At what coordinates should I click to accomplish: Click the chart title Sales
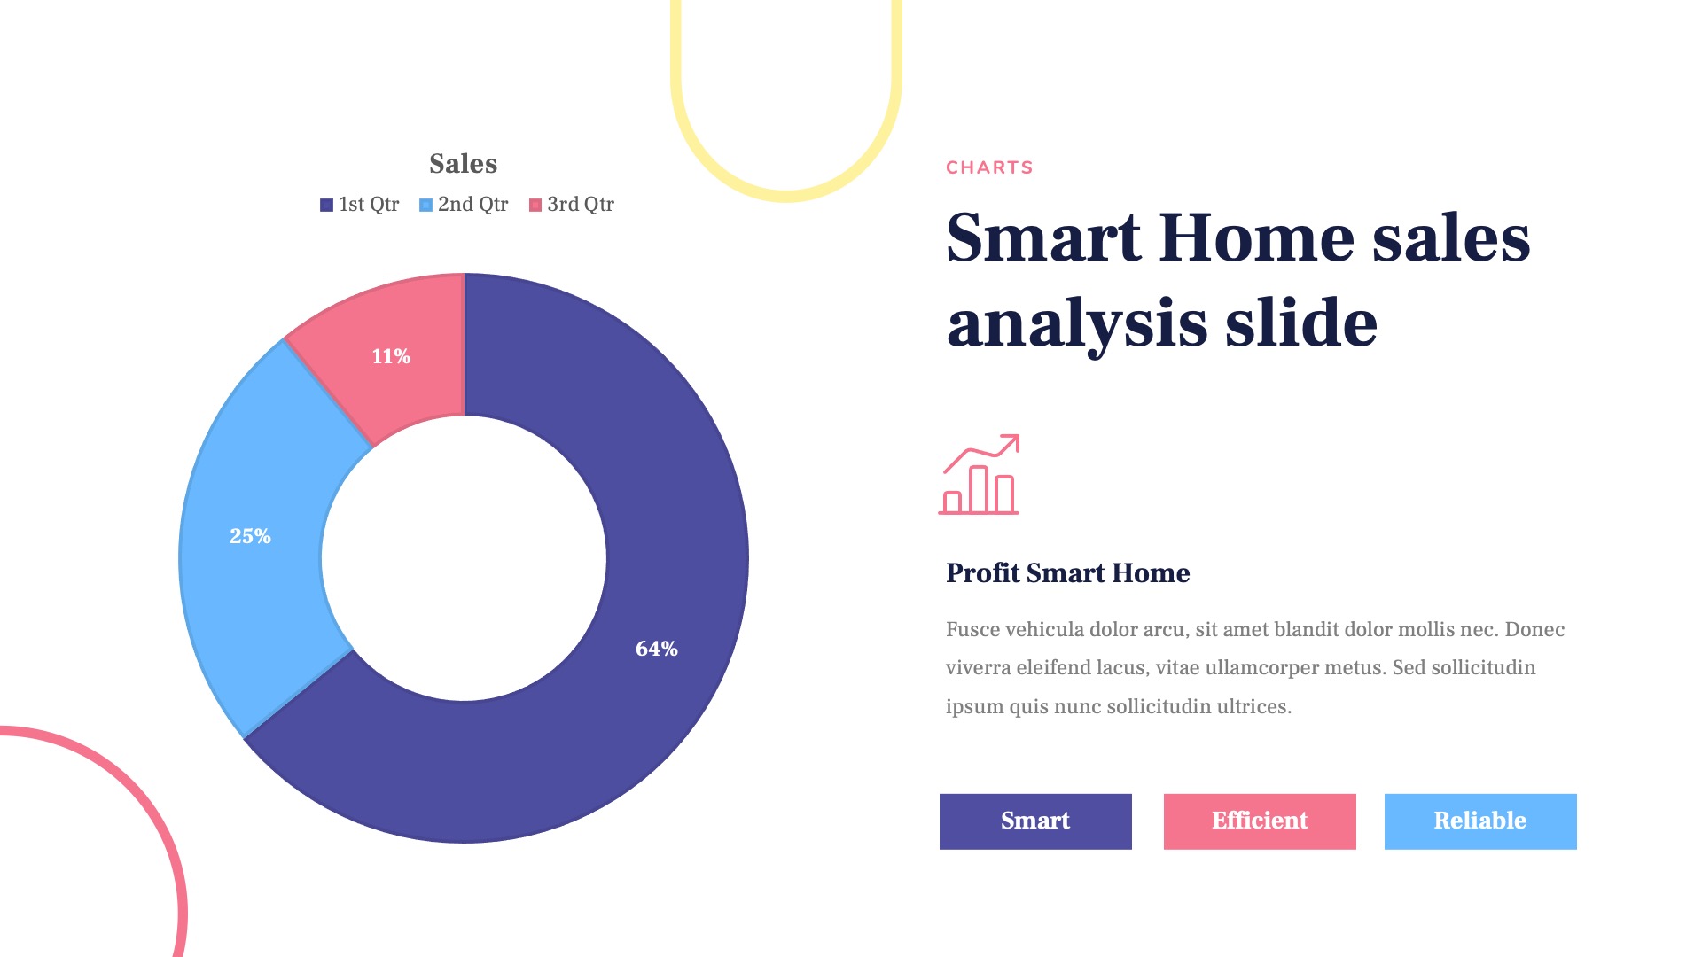tap(463, 164)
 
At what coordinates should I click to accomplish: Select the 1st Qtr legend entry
tap(360, 205)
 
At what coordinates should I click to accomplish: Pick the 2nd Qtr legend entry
tap(464, 205)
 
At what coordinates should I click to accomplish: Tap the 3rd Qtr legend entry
tap(572, 205)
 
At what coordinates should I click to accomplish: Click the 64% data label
tap(657, 649)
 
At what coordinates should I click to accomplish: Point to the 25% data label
tap(250, 536)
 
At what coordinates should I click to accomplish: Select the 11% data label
tap(391, 356)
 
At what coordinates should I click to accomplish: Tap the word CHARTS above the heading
tap(989, 167)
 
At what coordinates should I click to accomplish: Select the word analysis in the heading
tap(1077, 323)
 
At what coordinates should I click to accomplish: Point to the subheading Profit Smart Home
tap(1067, 573)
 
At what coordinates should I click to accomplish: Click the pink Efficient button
tap(1260, 821)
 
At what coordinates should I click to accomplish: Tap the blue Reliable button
tap(1480, 821)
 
